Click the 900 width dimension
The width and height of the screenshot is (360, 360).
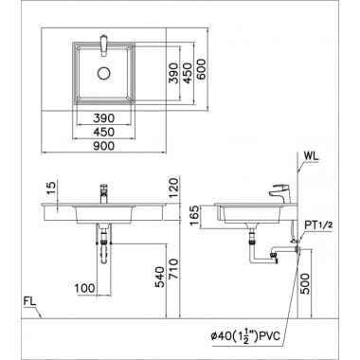coord(104,146)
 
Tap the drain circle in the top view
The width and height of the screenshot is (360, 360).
coord(103,74)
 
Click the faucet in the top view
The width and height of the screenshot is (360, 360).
coord(104,45)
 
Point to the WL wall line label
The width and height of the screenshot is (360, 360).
coord(311,156)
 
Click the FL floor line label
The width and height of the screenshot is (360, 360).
coord(30,301)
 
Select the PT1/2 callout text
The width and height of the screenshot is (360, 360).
coord(318,225)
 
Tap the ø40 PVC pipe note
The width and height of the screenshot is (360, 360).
coord(245,336)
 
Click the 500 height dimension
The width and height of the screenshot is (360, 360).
coord(305,283)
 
